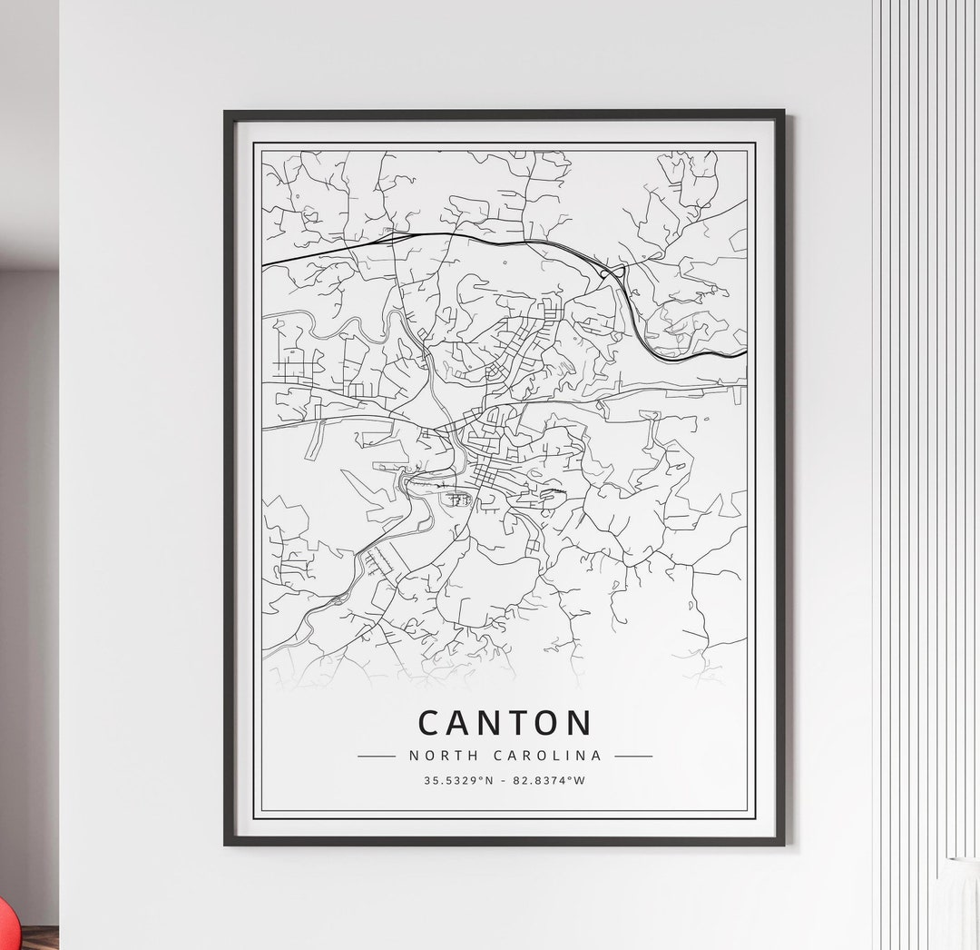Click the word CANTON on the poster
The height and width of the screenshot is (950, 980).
click(505, 723)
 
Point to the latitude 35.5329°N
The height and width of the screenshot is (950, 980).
click(458, 780)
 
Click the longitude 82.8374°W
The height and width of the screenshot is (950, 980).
click(549, 780)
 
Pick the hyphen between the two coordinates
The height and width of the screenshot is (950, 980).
click(504, 780)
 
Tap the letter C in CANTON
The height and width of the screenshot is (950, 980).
click(431, 723)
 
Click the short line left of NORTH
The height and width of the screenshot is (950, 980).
click(377, 756)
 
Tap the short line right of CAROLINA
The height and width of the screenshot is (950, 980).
click(633, 756)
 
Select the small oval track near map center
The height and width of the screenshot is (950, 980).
click(458, 499)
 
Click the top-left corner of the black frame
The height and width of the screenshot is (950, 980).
click(226, 113)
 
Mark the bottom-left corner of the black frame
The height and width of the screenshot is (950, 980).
click(226, 844)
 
